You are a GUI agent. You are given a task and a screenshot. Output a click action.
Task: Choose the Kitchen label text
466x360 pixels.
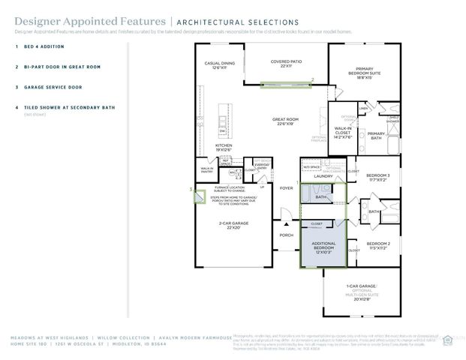click(x=224, y=147)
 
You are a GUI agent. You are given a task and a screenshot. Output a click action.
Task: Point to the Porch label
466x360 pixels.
click(x=286, y=235)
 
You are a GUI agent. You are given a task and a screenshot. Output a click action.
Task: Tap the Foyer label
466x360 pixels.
click(x=286, y=188)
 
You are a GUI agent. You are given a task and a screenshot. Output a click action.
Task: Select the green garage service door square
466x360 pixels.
click(x=199, y=197)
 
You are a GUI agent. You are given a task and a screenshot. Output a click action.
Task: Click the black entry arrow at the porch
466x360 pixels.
click(x=286, y=223)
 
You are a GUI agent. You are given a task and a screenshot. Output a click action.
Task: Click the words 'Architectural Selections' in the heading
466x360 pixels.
click(x=236, y=22)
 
